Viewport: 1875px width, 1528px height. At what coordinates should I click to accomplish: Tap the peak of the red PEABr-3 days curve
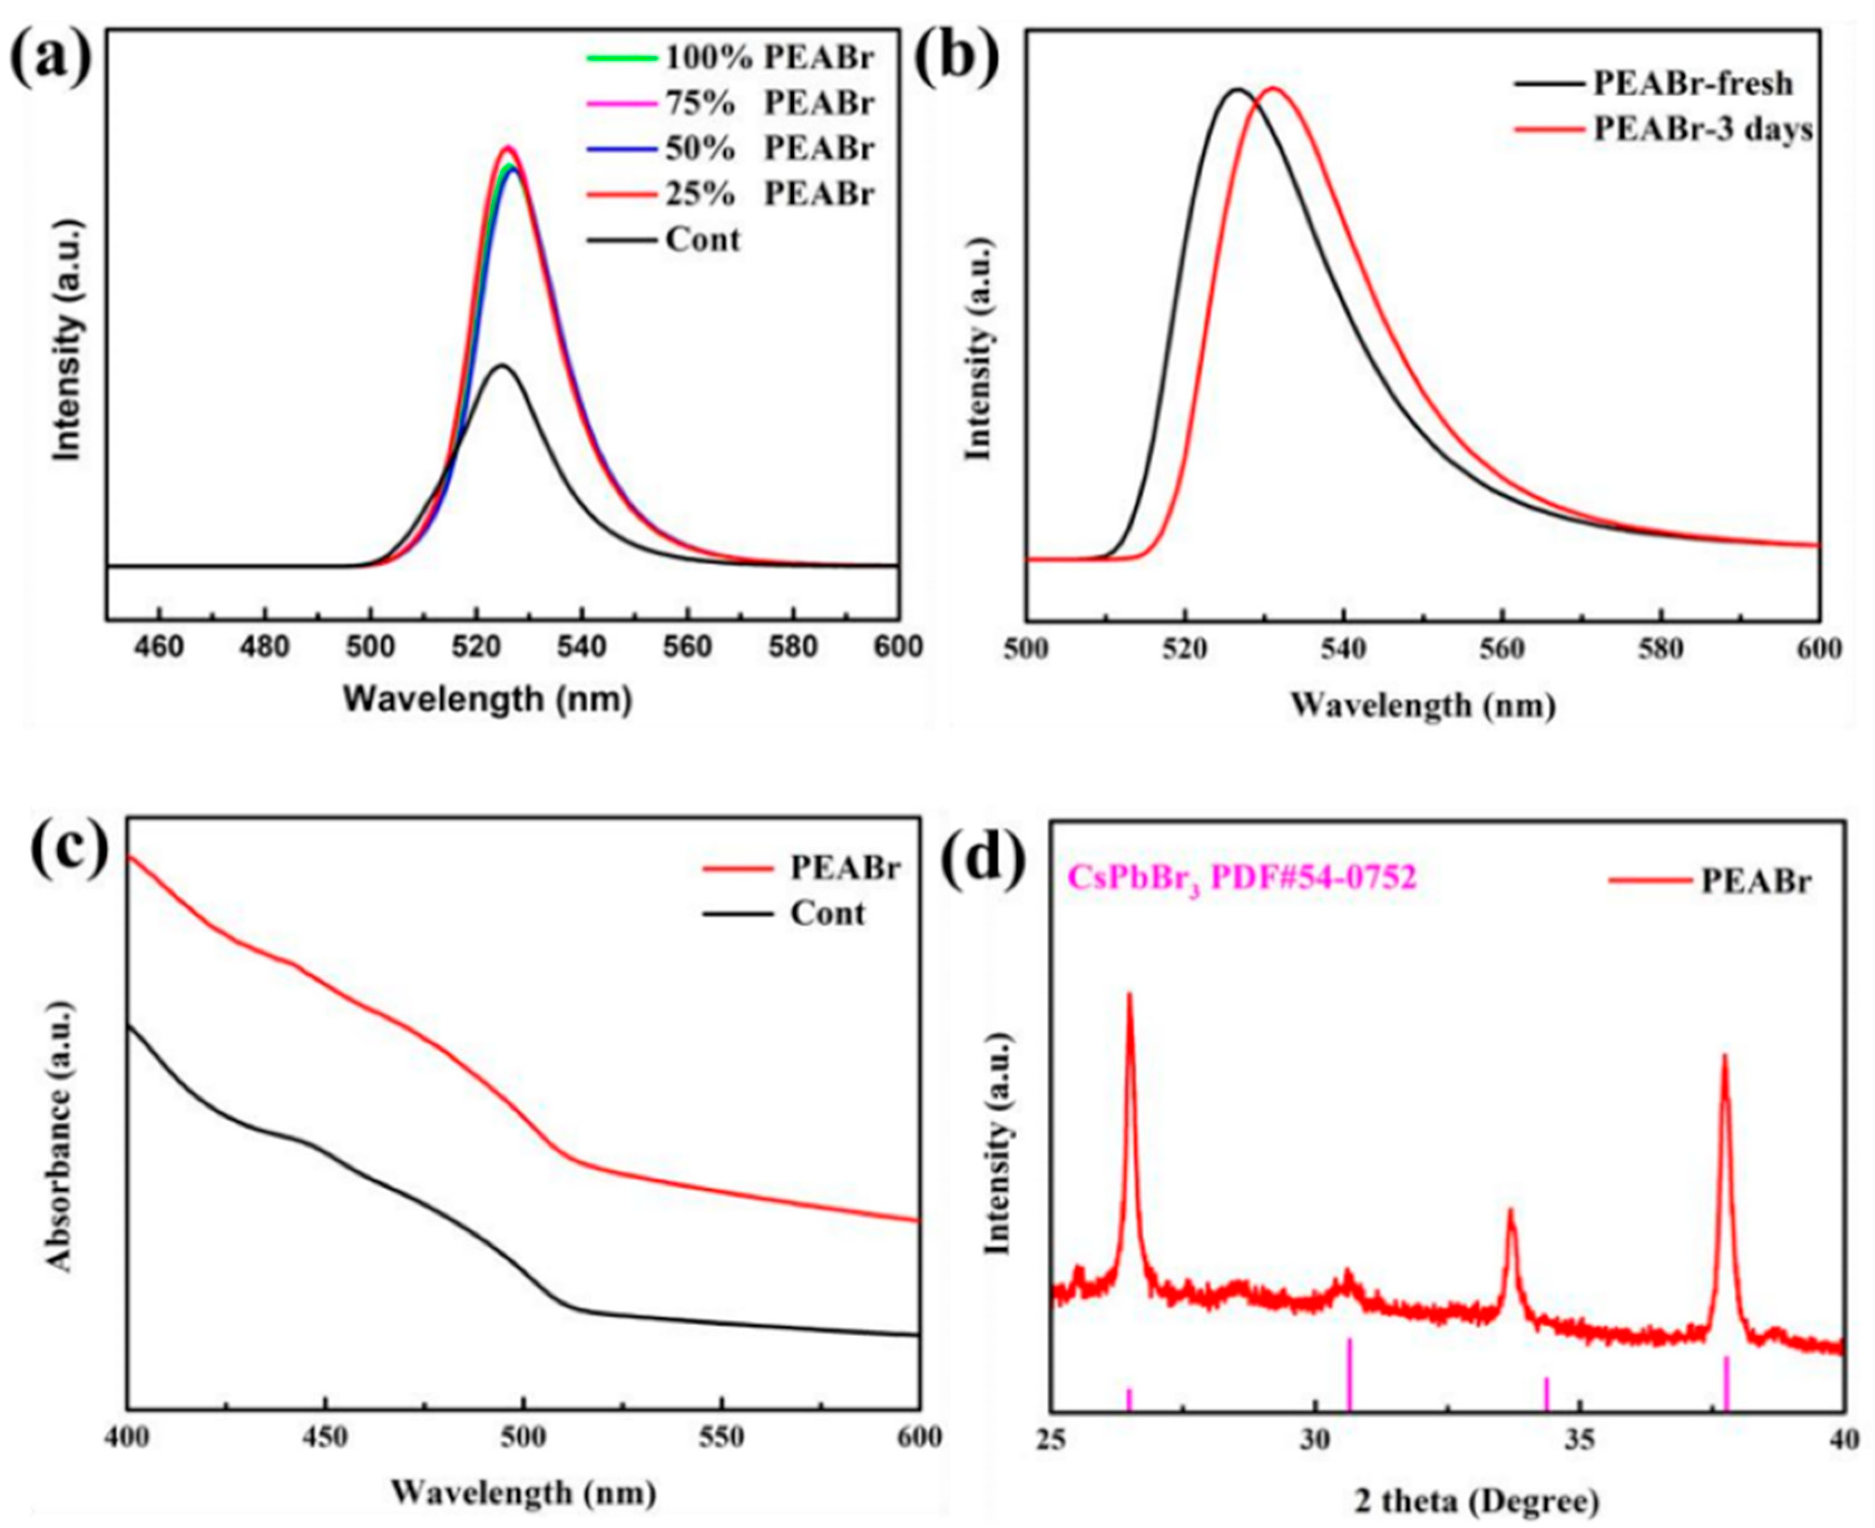1272,88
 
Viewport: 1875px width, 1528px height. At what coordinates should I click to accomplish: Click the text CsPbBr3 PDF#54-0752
1242,878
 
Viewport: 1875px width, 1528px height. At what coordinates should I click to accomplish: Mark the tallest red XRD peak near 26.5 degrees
1129,995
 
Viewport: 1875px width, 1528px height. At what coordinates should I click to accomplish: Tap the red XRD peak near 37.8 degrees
1725,1056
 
